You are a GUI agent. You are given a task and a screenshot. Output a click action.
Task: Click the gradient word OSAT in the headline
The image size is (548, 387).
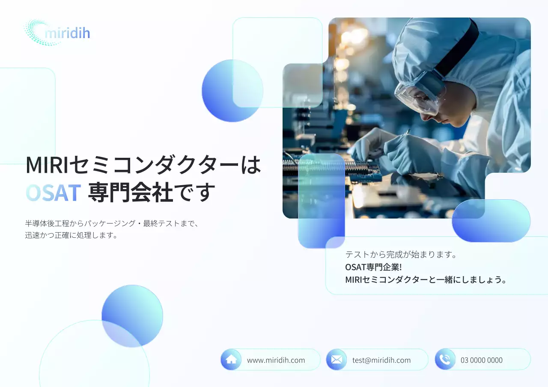54,193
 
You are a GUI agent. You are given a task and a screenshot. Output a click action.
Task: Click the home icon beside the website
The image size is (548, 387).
231,360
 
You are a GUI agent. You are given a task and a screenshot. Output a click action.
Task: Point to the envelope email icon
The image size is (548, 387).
337,360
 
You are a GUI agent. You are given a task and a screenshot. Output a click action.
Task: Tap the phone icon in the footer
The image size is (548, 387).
445,360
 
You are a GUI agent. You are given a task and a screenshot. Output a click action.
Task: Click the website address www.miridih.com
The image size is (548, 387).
276,360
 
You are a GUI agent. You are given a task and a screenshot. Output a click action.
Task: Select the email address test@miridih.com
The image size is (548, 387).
381,360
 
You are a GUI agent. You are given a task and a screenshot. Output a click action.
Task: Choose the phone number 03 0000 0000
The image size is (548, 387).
481,360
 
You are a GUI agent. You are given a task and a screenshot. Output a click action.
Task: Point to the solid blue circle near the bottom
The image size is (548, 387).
132,316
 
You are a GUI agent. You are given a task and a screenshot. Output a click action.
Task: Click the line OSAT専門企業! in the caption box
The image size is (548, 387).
373,267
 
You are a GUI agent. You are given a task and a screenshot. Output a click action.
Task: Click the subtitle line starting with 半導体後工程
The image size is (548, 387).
112,223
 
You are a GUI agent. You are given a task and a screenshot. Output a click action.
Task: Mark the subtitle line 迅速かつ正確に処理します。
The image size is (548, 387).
71,235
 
